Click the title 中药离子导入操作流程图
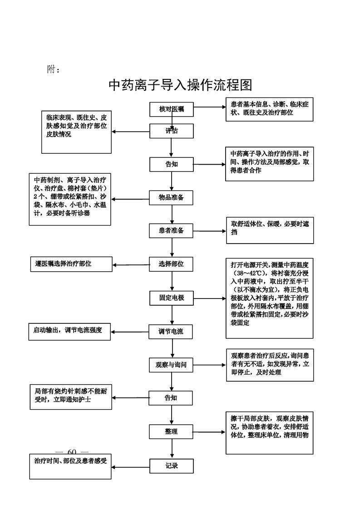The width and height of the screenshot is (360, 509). [x=180, y=85]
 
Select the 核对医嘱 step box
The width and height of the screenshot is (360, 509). [x=172, y=109]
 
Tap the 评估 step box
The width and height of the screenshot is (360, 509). [x=172, y=131]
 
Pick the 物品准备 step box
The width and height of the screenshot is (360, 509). [x=172, y=197]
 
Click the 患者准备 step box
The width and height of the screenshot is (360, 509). [x=172, y=230]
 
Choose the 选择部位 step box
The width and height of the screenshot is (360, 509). [x=172, y=264]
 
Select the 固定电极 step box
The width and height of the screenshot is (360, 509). [x=172, y=298]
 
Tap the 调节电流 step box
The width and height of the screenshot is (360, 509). [x=172, y=331]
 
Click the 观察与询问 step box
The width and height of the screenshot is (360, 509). [x=172, y=364]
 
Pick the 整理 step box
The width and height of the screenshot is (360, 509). [x=172, y=431]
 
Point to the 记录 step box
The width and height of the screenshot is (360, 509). [x=172, y=465]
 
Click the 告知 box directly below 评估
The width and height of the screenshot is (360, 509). [x=172, y=164]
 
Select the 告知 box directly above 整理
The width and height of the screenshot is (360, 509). [x=172, y=398]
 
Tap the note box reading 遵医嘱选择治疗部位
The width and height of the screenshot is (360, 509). [x=71, y=264]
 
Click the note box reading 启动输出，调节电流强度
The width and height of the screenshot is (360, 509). [x=70, y=331]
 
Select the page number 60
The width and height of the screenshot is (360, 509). [x=72, y=451]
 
